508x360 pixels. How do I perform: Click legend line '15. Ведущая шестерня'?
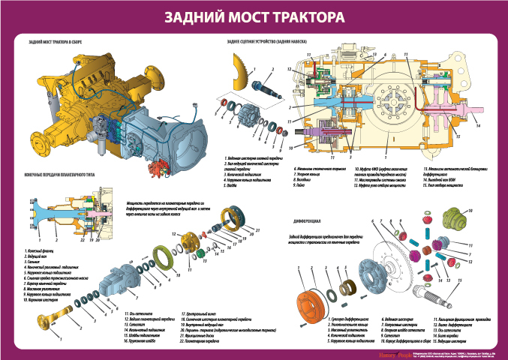coord(452,338)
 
